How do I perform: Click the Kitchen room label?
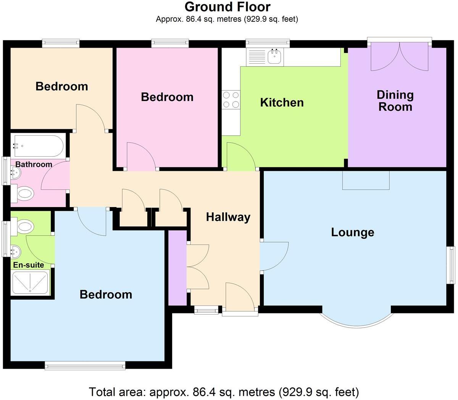click(x=282, y=102)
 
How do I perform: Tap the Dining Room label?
click(x=395, y=101)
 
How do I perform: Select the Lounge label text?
click(x=352, y=232)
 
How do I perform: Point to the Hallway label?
click(x=228, y=217)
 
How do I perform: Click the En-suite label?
click(x=29, y=265)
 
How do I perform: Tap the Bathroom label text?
click(x=34, y=164)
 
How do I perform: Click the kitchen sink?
click(x=274, y=57)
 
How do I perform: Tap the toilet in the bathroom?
click(x=24, y=194)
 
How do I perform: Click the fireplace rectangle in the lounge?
click(x=366, y=180)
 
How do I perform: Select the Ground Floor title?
click(x=227, y=6)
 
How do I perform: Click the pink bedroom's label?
click(x=167, y=97)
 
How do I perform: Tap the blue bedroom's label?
click(x=106, y=294)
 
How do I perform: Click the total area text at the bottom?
click(x=224, y=392)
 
